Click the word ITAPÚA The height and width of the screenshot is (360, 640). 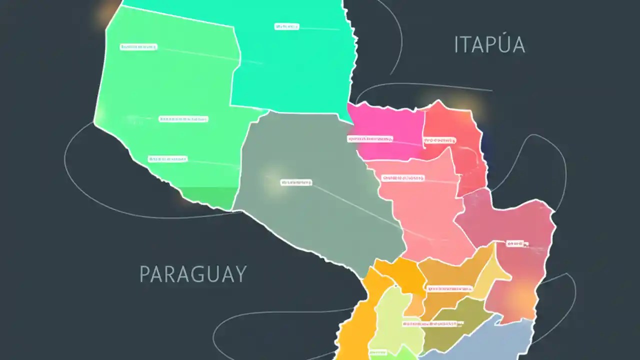coord(489,45)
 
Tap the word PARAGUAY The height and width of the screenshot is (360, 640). coord(193,274)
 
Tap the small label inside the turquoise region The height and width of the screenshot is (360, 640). coord(286,26)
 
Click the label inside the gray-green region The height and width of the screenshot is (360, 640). coord(296,182)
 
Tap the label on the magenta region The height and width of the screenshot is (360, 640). coord(370,139)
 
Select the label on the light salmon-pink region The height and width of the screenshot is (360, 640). coord(403,177)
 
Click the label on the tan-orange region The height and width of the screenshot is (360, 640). coord(449,288)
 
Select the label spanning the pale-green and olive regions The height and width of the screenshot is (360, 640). coord(429,323)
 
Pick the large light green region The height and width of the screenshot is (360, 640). coord(165,90)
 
